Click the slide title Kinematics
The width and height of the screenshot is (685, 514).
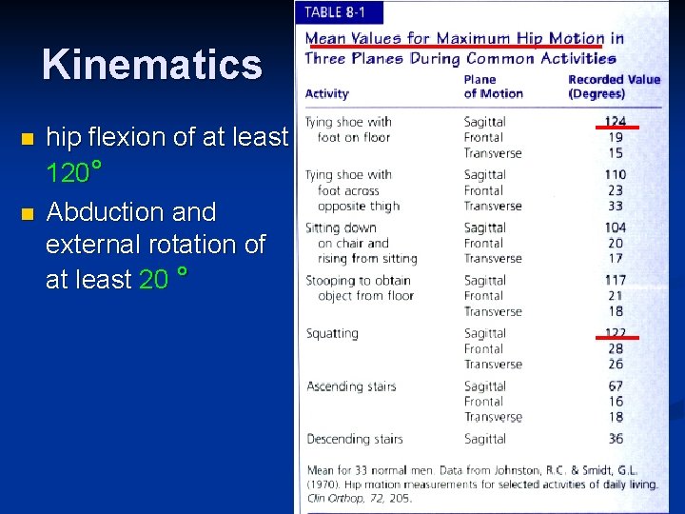[151, 65]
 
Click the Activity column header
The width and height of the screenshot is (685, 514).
[326, 93]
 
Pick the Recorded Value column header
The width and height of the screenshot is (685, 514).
[614, 86]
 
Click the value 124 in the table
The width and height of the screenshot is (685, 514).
[616, 121]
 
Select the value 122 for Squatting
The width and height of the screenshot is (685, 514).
[616, 333]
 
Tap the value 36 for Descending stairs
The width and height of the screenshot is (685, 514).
[616, 439]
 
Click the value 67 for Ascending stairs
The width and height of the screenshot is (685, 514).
[616, 386]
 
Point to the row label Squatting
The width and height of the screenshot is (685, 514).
[332, 334]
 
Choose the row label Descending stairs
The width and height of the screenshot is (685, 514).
[354, 439]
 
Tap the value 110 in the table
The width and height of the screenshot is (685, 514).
[616, 174]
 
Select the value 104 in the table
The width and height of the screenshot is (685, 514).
[616, 227]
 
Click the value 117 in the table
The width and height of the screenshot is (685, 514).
[616, 280]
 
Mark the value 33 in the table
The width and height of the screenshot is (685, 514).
[616, 206]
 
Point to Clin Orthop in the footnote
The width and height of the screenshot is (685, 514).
[329, 497]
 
